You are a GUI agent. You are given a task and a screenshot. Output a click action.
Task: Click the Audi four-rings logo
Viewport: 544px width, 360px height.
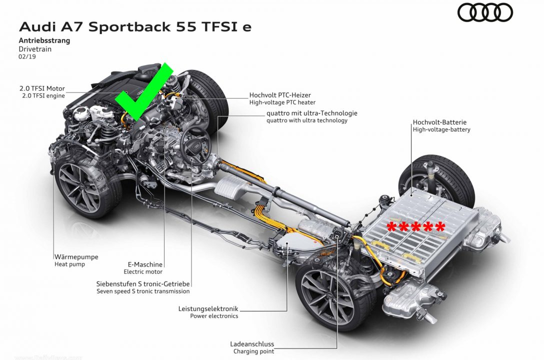click(x=485, y=13)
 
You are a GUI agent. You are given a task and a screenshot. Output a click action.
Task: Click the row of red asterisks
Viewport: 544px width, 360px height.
click(x=415, y=227)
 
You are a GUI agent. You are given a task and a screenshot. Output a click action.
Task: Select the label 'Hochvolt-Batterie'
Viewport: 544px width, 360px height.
click(x=439, y=122)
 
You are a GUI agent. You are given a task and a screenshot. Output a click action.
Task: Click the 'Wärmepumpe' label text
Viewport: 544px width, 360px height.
click(x=76, y=257)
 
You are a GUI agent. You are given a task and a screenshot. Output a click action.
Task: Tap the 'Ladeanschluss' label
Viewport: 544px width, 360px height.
click(x=252, y=344)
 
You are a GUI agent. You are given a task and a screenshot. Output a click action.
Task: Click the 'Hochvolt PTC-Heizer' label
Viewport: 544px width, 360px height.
click(x=280, y=95)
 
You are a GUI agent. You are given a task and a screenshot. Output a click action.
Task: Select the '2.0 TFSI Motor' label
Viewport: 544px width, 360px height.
click(x=42, y=88)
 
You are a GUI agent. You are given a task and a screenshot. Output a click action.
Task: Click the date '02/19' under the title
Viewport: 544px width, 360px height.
click(x=27, y=56)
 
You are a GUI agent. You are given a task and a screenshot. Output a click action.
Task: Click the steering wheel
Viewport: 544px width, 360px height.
click(x=195, y=144)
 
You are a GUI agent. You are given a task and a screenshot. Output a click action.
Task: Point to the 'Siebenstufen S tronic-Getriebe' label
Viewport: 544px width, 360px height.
click(x=143, y=283)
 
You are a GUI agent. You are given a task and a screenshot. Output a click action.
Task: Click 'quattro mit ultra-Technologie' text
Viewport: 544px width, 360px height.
click(x=312, y=113)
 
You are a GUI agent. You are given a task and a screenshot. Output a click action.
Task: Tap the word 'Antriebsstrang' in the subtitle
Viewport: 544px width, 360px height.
click(x=44, y=40)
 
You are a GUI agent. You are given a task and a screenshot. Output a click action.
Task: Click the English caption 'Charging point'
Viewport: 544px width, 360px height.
click(x=253, y=351)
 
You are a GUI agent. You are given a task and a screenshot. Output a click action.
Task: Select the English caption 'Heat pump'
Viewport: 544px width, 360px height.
click(x=69, y=264)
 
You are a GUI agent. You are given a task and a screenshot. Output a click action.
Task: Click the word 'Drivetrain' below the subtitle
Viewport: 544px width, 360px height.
click(x=35, y=49)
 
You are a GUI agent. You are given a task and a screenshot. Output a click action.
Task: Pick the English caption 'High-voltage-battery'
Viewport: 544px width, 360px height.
click(x=441, y=129)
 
